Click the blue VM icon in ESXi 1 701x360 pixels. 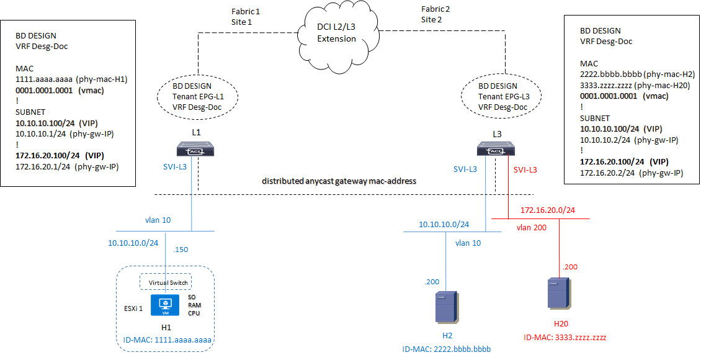(166, 304)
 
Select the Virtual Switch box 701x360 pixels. (165, 282)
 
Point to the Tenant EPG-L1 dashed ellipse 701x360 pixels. (197, 97)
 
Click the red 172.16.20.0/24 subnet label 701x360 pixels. (547, 210)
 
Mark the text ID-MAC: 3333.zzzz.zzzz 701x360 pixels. (565, 338)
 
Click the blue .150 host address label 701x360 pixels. (182, 250)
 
